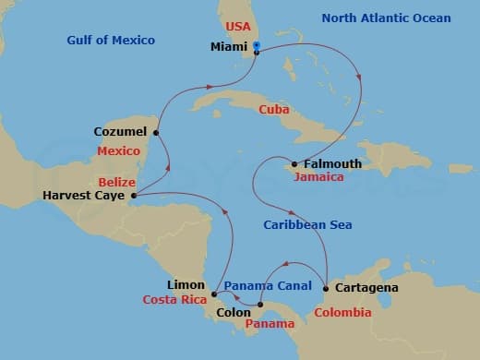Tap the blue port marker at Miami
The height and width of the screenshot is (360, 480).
[256, 46]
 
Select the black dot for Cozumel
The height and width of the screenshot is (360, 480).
[156, 132]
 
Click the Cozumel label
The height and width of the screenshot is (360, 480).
[120, 132]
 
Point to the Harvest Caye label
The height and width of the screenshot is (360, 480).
[83, 196]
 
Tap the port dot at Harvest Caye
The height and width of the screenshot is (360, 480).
[134, 196]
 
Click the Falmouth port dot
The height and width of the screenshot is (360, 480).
[294, 164]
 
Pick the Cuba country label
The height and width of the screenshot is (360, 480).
[274, 109]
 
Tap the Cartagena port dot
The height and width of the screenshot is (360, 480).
[326, 288]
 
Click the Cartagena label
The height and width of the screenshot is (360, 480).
[367, 288]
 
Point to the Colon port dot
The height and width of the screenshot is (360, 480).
[260, 305]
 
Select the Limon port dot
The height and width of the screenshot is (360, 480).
[213, 294]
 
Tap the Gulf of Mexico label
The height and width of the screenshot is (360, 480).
[111, 41]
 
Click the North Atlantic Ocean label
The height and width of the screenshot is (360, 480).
[386, 18]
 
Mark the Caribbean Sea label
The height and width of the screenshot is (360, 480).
[307, 224]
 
